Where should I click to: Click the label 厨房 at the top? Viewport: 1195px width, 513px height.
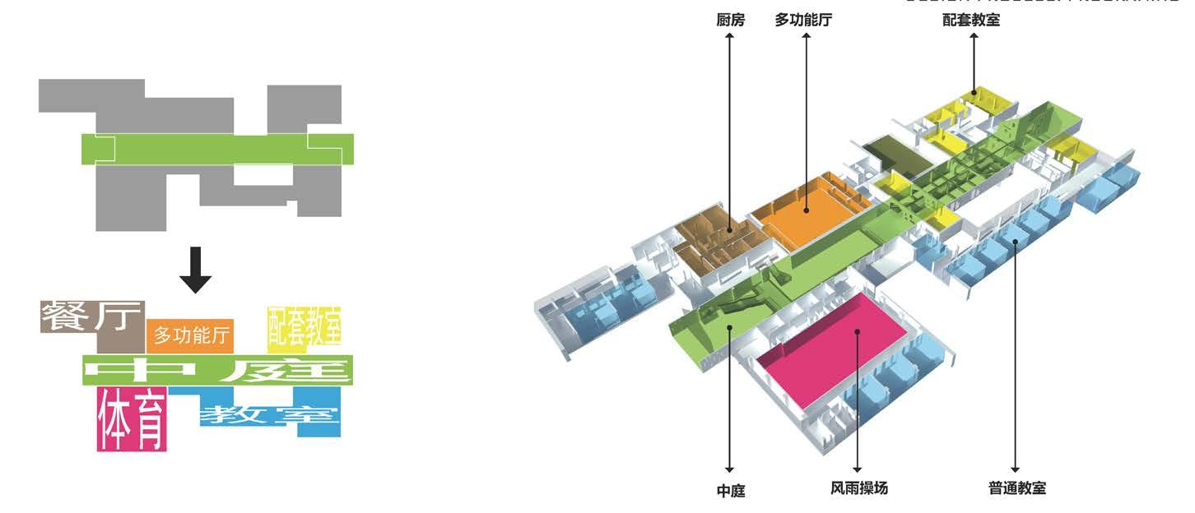(x=730, y=20)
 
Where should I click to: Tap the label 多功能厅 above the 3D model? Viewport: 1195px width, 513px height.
(x=803, y=20)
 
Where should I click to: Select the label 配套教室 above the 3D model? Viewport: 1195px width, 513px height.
(x=972, y=20)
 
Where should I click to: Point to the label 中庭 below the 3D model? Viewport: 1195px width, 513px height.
(x=730, y=491)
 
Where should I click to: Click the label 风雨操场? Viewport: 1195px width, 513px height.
(x=859, y=488)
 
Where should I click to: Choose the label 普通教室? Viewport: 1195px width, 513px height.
(x=1017, y=488)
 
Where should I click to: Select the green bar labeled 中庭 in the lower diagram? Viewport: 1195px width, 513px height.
(x=217, y=370)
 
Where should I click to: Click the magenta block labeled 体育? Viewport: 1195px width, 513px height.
(x=132, y=419)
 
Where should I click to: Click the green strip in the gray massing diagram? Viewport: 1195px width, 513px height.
(x=217, y=149)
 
